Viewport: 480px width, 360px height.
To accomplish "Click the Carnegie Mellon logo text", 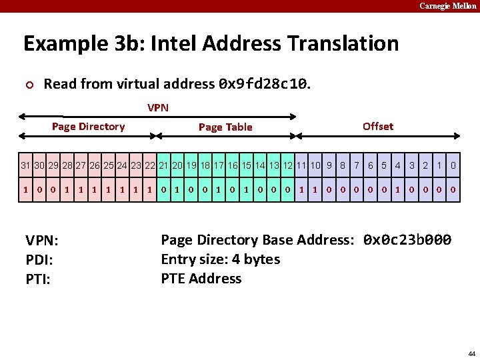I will (448, 6).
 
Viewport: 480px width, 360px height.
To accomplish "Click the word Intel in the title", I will (173, 44).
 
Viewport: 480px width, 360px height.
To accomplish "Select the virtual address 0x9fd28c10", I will (263, 84).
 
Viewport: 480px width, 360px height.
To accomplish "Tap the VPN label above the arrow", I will (158, 107).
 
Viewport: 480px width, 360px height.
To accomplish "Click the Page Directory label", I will (89, 127).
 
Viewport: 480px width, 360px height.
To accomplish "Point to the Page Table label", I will (225, 127).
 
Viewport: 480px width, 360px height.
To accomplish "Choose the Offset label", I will (378, 126).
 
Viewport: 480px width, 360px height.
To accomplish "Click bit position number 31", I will (25, 165).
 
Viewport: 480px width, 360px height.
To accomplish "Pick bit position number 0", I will (453, 165).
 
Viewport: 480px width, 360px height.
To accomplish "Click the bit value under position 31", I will (25, 189).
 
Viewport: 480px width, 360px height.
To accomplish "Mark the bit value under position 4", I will (398, 189).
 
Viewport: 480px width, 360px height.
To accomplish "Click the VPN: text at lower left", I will (41, 241).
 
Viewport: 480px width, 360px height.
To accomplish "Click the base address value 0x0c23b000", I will (407, 240).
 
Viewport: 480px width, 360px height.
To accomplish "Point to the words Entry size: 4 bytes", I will (220, 259).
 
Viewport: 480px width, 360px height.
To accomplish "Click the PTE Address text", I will (201, 278).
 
